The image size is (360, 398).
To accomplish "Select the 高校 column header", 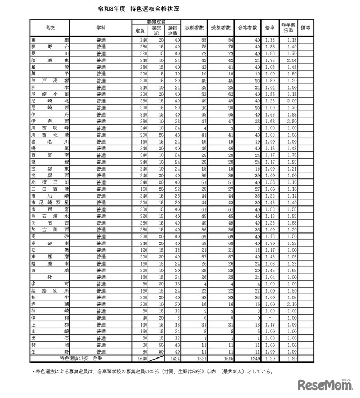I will (49, 27).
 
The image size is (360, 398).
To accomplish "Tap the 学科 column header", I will (101, 27).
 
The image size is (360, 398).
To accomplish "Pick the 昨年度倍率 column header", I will (289, 27).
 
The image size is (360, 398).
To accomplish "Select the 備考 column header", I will (307, 27).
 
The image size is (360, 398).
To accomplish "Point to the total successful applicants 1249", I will (253, 358).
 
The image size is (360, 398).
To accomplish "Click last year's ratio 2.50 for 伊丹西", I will (290, 120).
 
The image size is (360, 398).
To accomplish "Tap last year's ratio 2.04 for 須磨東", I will (290, 60).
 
